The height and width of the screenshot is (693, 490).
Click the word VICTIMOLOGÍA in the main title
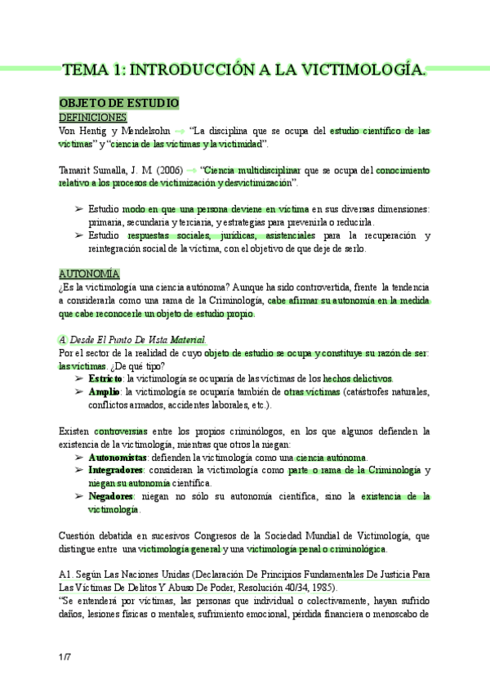pyautogui.click(x=360, y=69)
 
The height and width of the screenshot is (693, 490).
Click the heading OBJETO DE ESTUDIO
pyautogui.click(x=118, y=104)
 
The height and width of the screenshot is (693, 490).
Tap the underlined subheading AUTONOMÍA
pyautogui.click(x=89, y=273)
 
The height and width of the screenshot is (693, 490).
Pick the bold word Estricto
pyautogui.click(x=105, y=378)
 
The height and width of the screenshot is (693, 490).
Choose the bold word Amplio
pyautogui.click(x=105, y=392)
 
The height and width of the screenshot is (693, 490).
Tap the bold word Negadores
pyautogui.click(x=110, y=497)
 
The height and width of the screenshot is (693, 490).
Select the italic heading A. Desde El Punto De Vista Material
pyautogui.click(x=133, y=339)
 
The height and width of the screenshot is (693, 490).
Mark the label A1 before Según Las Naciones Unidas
pyautogui.click(x=67, y=575)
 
